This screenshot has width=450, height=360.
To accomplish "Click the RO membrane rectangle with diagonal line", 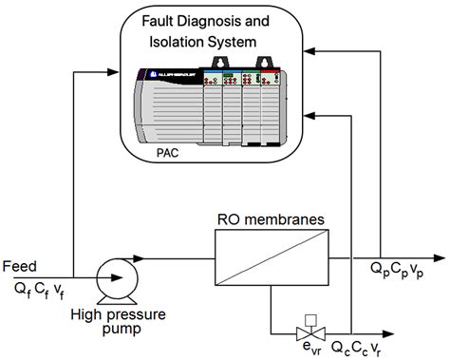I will click(270, 257).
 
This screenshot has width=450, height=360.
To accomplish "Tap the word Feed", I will click(20, 265).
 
